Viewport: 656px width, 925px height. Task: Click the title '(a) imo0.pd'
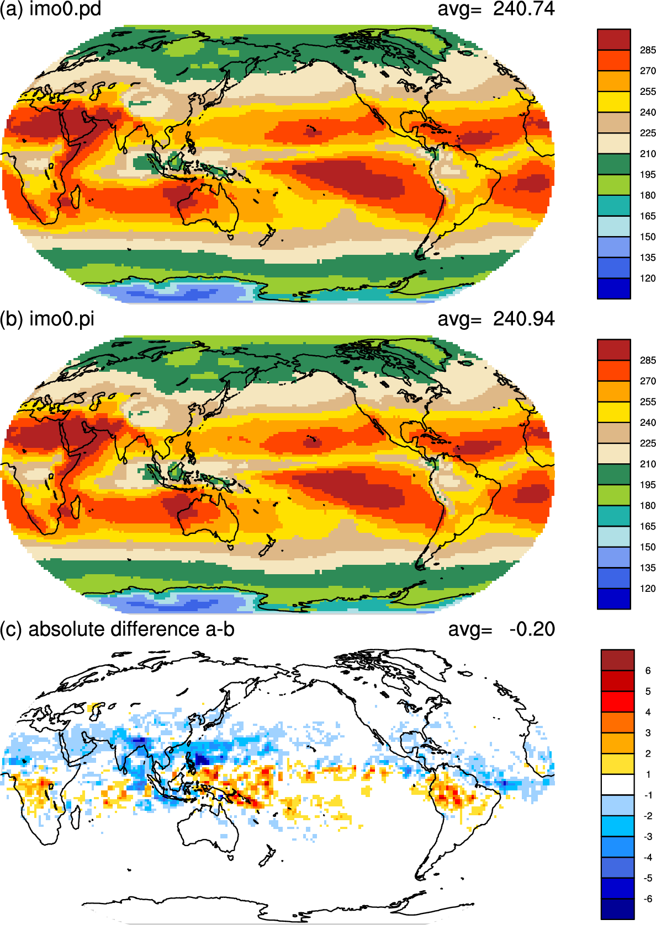pyautogui.click(x=51, y=9)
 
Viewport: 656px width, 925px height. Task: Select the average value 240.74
pyautogui.click(x=523, y=9)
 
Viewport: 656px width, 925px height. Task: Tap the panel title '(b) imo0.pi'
pyautogui.click(x=47, y=319)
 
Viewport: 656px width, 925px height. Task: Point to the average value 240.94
pyautogui.click(x=523, y=319)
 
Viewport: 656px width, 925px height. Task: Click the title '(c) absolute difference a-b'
pyautogui.click(x=117, y=629)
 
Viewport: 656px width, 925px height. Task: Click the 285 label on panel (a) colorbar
pyautogui.click(x=648, y=50)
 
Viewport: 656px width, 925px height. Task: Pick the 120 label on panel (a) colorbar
pyautogui.click(x=648, y=279)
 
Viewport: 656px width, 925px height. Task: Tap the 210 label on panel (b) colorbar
pyautogui.click(x=648, y=464)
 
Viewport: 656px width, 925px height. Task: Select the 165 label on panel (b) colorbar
pyautogui.click(x=648, y=526)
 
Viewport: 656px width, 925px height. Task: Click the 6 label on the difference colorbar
pyautogui.click(x=648, y=671)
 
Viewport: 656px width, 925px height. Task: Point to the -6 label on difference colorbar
pyautogui.click(x=648, y=899)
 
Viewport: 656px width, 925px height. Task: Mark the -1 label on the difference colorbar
pyautogui.click(x=648, y=795)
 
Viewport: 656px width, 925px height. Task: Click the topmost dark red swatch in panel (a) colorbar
pyautogui.click(x=613, y=40)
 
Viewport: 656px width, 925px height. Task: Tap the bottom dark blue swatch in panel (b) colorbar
pyautogui.click(x=613, y=598)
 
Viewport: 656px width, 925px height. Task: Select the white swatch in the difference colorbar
pyautogui.click(x=617, y=785)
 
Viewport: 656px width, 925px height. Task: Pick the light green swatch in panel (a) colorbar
pyautogui.click(x=613, y=185)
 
